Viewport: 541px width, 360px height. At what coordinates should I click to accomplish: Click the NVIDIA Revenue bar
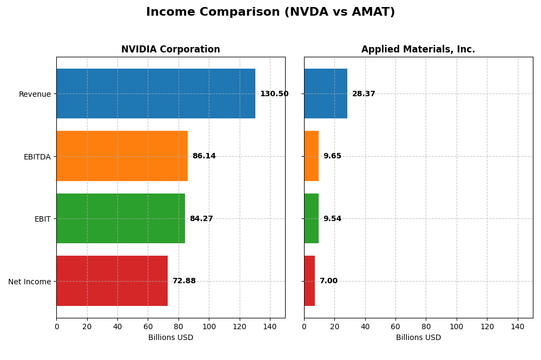[156, 94]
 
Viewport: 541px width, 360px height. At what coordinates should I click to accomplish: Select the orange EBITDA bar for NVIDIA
[122, 156]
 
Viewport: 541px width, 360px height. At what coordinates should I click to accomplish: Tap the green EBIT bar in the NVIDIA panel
[121, 218]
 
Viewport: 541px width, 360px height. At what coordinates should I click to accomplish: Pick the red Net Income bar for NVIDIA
[112, 281]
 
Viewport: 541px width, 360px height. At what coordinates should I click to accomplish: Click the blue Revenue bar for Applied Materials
[326, 94]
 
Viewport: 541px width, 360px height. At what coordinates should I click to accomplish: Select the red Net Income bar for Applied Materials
[309, 281]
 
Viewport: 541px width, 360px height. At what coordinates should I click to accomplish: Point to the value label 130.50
[274, 94]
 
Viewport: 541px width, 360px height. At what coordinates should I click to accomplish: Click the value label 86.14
[204, 156]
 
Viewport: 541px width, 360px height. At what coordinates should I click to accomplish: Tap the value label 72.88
[184, 281]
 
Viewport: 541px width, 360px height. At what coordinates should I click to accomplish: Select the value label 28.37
[364, 94]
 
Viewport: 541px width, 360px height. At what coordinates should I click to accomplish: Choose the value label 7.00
[328, 281]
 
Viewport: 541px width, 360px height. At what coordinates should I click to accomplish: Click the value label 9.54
[332, 219]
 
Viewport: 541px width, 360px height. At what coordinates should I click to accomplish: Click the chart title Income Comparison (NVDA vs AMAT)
[270, 12]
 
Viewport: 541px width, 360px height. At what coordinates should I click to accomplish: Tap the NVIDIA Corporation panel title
[170, 50]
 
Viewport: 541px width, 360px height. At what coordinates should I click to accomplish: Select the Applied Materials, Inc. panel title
[418, 50]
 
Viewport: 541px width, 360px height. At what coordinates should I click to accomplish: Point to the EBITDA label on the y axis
[37, 157]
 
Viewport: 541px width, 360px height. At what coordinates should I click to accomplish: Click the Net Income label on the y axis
[29, 282]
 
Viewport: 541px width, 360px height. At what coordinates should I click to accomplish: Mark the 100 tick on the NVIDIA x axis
[209, 326]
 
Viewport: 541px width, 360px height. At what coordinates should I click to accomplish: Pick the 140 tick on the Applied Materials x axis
[518, 326]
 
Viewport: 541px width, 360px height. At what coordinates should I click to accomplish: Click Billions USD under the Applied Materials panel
[418, 338]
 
